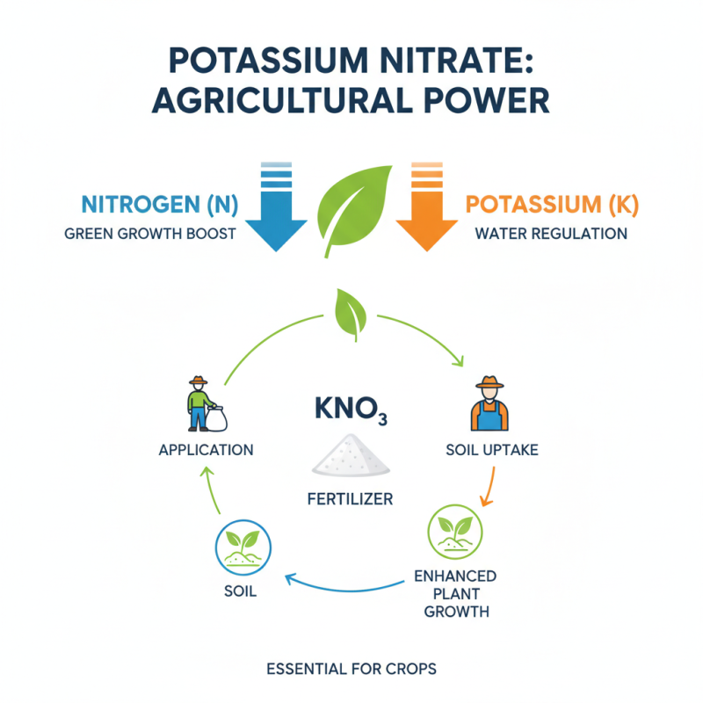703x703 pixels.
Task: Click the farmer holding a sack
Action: [x=203, y=404]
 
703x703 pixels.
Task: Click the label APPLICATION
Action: [x=206, y=450]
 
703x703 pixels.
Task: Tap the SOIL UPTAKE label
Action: [x=492, y=450]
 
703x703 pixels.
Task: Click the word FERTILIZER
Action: [x=350, y=499]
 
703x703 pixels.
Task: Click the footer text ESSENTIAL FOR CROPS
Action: [x=351, y=669]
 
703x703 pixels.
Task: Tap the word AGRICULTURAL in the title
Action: [x=289, y=99]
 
